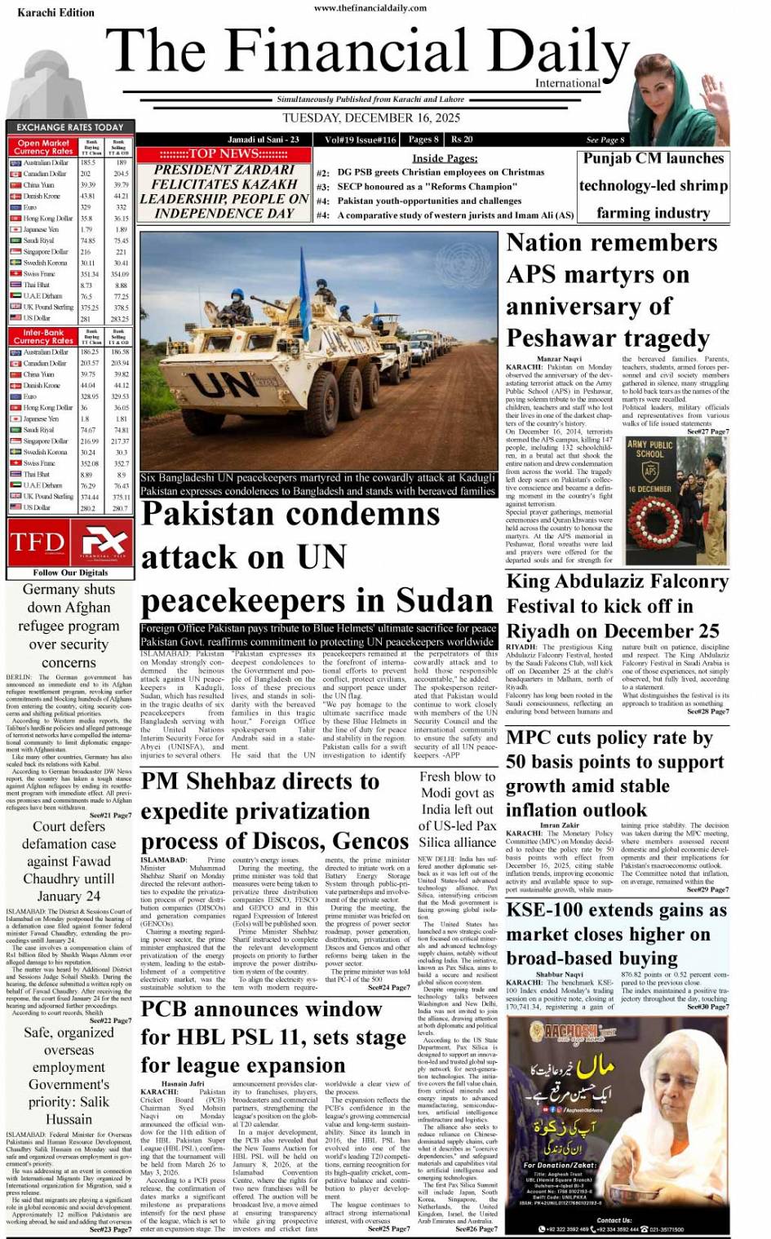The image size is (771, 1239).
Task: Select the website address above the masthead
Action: coord(370,8)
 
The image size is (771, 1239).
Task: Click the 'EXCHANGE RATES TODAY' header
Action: coord(70,127)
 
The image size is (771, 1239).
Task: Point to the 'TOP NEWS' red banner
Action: coord(223,154)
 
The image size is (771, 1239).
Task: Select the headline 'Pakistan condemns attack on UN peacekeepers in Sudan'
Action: coord(317,558)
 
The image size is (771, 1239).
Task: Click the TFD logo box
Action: coord(37,542)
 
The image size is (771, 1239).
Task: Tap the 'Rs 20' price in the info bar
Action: coord(462,139)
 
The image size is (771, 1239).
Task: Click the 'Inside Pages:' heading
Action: coord(445,158)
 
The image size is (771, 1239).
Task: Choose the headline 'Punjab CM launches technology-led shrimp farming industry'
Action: coord(653,186)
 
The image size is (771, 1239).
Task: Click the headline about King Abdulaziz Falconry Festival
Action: coord(617,606)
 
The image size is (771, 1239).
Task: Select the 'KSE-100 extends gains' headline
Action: coord(616,934)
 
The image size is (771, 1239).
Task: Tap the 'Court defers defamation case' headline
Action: coord(69,861)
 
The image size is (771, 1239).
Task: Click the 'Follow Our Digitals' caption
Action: coord(70,573)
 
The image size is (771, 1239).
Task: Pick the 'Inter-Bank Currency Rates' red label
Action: coord(43,337)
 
